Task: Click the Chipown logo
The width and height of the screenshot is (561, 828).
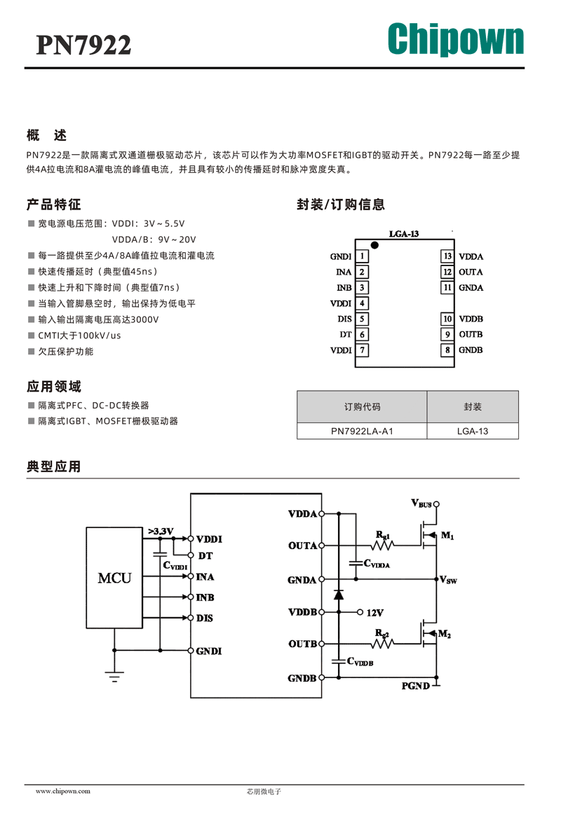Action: point(455,39)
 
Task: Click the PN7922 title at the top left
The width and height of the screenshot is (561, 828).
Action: point(83,46)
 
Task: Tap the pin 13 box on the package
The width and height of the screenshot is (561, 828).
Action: point(447,256)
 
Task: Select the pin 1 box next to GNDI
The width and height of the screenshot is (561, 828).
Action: point(362,256)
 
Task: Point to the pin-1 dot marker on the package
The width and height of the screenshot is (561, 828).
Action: point(374,245)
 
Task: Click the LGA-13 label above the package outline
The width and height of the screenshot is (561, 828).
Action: point(404,234)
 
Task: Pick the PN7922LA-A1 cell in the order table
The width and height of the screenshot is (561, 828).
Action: point(362,431)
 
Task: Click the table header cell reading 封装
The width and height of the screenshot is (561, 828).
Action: point(473,406)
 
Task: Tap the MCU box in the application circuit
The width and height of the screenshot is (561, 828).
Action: point(114,578)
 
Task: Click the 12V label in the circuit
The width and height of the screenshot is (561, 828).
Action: point(375,612)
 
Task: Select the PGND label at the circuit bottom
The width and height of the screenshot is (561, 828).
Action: point(416,686)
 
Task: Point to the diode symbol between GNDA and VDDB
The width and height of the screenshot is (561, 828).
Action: point(339,595)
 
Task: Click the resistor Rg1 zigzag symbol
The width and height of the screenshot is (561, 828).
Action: point(383,545)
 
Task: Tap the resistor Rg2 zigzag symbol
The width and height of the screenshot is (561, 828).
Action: point(383,643)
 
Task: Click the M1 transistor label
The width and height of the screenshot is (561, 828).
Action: point(447,535)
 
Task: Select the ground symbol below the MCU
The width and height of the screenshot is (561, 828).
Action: point(114,677)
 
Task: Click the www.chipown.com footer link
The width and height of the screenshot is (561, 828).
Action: point(63,791)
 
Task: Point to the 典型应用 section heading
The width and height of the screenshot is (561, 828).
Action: point(53,467)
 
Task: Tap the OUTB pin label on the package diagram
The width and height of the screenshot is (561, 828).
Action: point(471,334)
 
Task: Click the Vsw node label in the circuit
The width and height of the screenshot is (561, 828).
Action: point(448,580)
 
